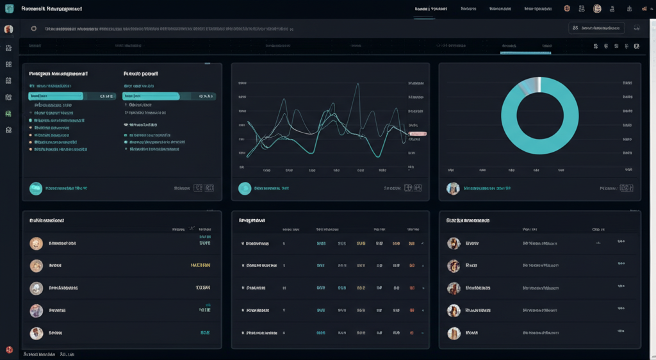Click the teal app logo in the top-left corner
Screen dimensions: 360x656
pos(8,9)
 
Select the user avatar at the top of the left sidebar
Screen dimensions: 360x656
pos(8,29)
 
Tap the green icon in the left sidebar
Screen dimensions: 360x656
pos(8,113)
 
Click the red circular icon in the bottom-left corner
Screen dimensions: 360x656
pos(9,350)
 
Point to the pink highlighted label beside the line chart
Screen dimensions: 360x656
pos(417,133)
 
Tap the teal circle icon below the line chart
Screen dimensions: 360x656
pos(244,188)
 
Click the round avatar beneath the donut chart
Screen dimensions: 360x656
pos(453,188)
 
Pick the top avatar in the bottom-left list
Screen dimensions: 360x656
pos(37,243)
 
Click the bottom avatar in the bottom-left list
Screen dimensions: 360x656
pos(37,333)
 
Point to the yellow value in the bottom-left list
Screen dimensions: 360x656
pos(201,265)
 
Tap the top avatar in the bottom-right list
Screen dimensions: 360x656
pos(454,243)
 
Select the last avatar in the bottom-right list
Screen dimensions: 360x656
pos(454,333)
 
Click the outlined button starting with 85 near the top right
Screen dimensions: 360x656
pos(596,28)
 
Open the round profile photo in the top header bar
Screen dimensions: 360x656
pos(597,9)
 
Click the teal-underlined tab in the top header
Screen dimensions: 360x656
pos(430,10)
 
